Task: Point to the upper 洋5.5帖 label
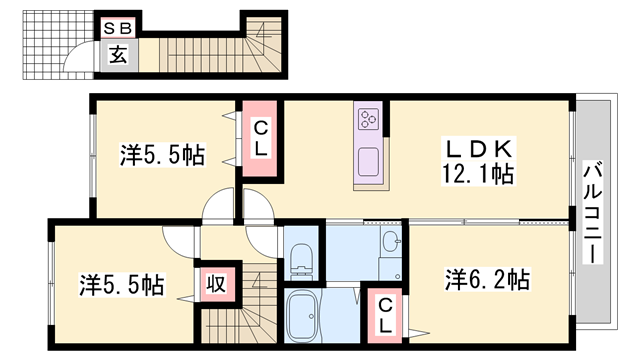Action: (163, 155)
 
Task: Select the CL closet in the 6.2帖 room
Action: (386, 312)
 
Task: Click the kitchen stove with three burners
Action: (367, 120)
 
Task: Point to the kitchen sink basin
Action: (367, 161)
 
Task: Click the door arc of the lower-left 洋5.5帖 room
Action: (180, 240)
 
